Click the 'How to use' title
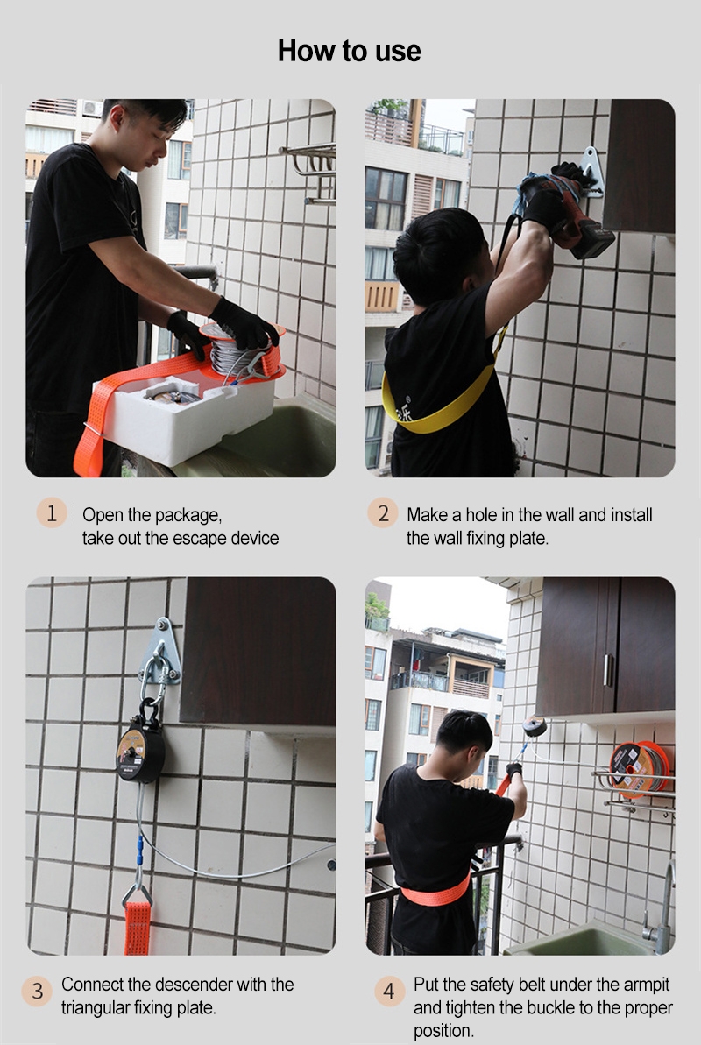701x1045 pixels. click(349, 51)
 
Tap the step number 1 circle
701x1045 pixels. click(52, 513)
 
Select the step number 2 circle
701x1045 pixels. click(382, 513)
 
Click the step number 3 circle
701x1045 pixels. click(38, 992)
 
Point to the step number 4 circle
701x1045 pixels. click(389, 992)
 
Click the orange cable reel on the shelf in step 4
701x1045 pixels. click(639, 767)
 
